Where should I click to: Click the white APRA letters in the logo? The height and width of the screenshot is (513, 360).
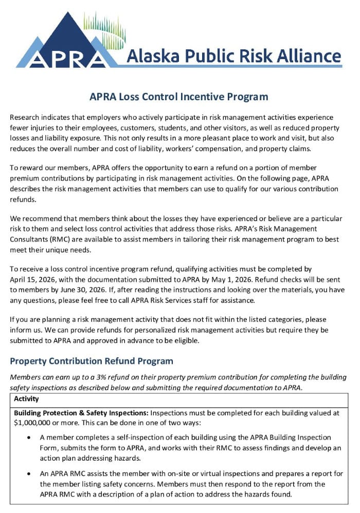click(67, 58)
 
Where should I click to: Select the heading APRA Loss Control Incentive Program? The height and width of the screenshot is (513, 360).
click(179, 97)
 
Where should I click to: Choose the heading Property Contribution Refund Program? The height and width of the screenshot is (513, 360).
click(92, 361)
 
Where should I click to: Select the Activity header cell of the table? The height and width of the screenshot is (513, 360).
click(26, 398)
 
